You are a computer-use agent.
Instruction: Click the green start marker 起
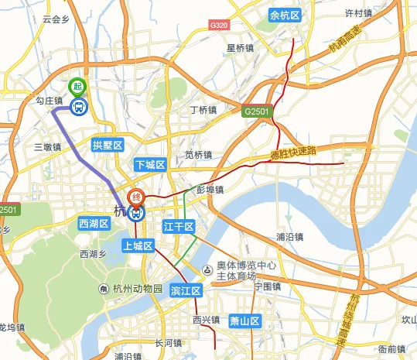(x=77, y=87)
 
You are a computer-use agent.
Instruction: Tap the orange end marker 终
(x=136, y=196)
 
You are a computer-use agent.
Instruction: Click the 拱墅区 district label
(x=108, y=145)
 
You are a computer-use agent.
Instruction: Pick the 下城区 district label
(x=150, y=165)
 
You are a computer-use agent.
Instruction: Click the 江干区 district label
(x=179, y=226)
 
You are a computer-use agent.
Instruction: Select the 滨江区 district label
(x=186, y=291)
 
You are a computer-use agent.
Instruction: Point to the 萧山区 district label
(x=246, y=321)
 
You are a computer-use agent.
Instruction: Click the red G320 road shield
(x=219, y=26)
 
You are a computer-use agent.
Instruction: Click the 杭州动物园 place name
(x=137, y=289)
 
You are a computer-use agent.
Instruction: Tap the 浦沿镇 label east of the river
(x=292, y=237)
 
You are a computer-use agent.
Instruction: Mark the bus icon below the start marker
(x=78, y=108)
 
